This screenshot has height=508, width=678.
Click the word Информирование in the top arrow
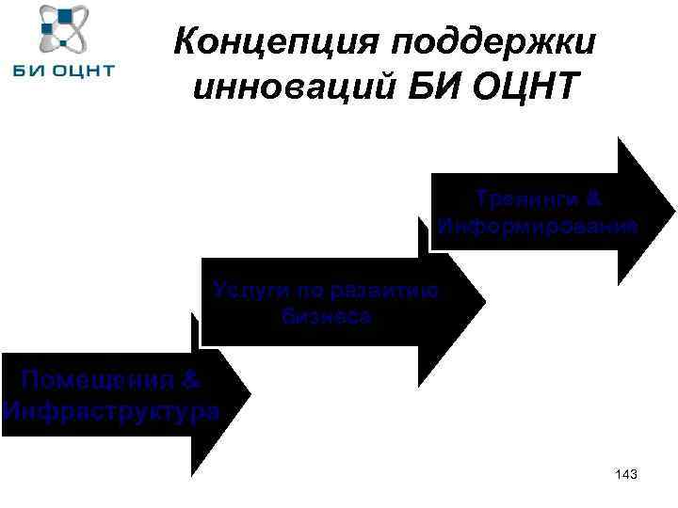pos(538,227)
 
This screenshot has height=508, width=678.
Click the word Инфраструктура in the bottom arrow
pos(111,411)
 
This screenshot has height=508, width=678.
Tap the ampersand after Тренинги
pos(592,200)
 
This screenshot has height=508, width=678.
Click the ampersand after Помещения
pos(190,381)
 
